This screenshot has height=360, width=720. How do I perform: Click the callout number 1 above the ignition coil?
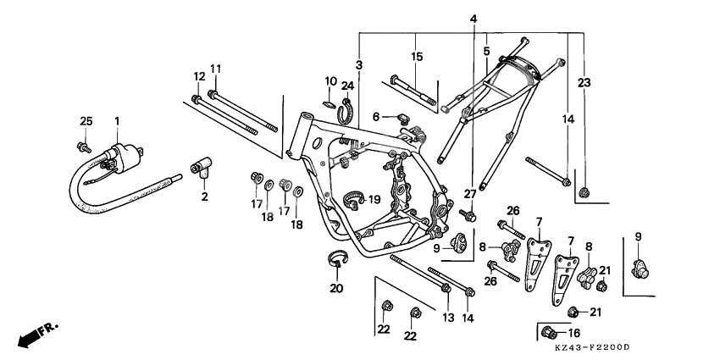coord(118,122)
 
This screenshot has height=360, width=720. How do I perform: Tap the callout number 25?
coord(85,122)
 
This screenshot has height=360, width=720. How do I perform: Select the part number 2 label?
coord(203,197)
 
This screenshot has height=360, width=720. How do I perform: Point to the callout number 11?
coord(215,69)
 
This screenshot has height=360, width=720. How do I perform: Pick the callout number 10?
coord(330,80)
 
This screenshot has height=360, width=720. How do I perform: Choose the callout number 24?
coord(347,85)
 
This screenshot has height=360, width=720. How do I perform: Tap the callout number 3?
coord(358,66)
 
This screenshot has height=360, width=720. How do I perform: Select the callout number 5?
coord(485,51)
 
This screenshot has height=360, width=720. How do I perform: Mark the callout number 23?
coord(583,82)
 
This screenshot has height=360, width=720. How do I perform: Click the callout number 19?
coord(374,200)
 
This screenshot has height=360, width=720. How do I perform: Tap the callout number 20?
coord(335,288)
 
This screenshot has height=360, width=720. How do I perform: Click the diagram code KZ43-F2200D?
coord(593,347)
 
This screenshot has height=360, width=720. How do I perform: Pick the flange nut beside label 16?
coord(548,331)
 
